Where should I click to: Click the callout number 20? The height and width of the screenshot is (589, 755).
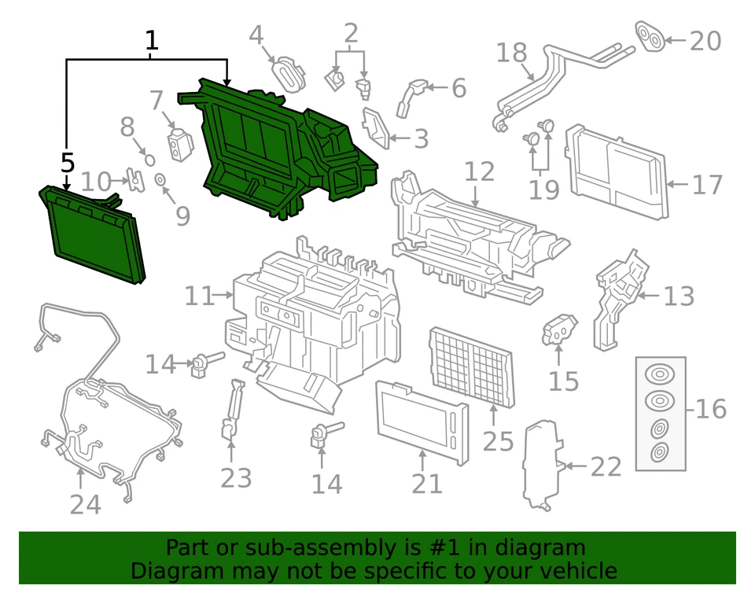tap(705, 40)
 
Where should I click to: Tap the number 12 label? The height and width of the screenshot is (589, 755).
tap(479, 171)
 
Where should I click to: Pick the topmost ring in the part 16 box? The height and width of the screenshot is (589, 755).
tap(659, 374)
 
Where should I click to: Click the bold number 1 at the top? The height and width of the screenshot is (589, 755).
tap(152, 40)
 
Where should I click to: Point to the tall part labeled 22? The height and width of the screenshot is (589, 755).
tap(541, 464)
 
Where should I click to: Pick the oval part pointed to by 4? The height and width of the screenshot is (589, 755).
tap(289, 73)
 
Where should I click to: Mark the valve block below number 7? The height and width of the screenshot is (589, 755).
tap(179, 143)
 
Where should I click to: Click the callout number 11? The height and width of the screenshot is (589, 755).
tap(199, 296)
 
